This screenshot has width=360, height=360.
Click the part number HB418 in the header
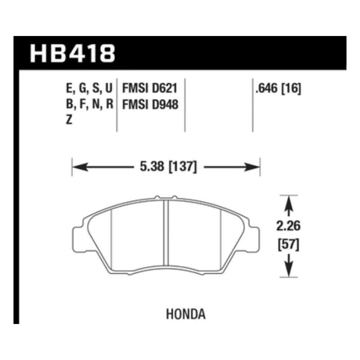point(73,53)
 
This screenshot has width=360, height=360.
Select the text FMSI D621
point(150,88)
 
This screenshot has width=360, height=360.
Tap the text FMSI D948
point(150,104)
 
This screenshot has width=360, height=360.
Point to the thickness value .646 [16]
point(278,88)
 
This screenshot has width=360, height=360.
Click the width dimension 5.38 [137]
point(168,167)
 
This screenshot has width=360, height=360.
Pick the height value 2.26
point(289,226)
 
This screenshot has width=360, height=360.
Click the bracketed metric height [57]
point(289,245)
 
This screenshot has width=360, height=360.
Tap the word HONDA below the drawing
point(186,314)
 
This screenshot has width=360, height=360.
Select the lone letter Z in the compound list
point(69,120)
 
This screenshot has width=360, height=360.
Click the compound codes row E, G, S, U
point(89,88)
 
